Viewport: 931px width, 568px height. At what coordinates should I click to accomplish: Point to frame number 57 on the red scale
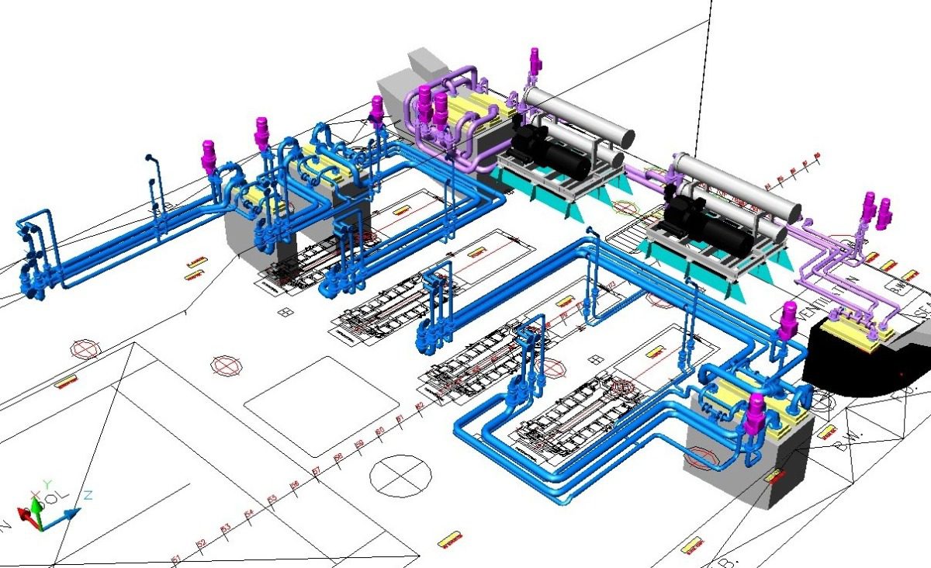click(x=316, y=471)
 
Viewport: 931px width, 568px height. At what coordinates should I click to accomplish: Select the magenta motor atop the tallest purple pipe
click(x=534, y=60)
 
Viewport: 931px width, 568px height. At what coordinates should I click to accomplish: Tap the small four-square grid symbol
click(x=286, y=312)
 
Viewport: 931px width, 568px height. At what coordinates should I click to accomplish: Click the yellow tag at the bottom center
click(x=450, y=538)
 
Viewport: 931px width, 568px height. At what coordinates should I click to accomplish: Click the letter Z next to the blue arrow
click(x=88, y=494)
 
